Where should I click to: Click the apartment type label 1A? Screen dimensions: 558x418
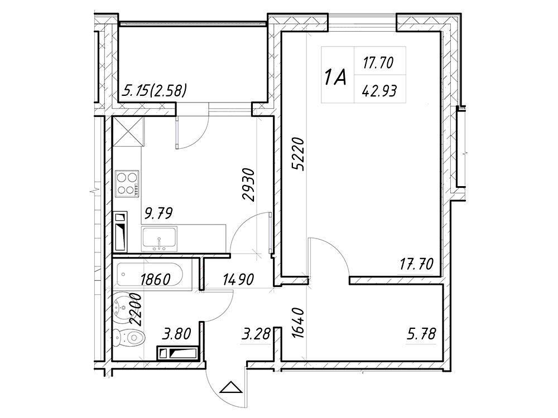click(335, 78)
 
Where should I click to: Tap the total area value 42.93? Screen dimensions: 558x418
click(379, 91)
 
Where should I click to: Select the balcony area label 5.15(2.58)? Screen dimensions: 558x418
click(154, 90)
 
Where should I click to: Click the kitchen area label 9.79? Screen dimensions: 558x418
click(158, 213)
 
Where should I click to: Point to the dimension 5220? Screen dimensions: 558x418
click(298, 154)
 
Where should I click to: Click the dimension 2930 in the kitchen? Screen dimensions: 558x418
click(248, 184)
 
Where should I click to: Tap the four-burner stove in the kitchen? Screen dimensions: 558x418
click(127, 183)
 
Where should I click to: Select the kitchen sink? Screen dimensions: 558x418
click(159, 239)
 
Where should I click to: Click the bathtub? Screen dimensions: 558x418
click(150, 274)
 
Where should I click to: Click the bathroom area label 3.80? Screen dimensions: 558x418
click(176, 334)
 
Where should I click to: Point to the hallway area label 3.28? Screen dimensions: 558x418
click(256, 334)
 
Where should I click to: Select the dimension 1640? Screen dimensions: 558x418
click(298, 323)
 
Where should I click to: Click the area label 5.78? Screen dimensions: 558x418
click(421, 334)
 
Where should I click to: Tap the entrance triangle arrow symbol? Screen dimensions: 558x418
click(232, 387)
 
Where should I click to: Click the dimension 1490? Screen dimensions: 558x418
click(238, 279)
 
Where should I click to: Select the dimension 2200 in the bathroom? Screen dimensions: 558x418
click(136, 309)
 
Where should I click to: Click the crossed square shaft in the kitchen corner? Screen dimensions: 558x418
click(128, 131)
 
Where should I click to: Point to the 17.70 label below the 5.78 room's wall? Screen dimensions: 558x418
click(416, 264)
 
